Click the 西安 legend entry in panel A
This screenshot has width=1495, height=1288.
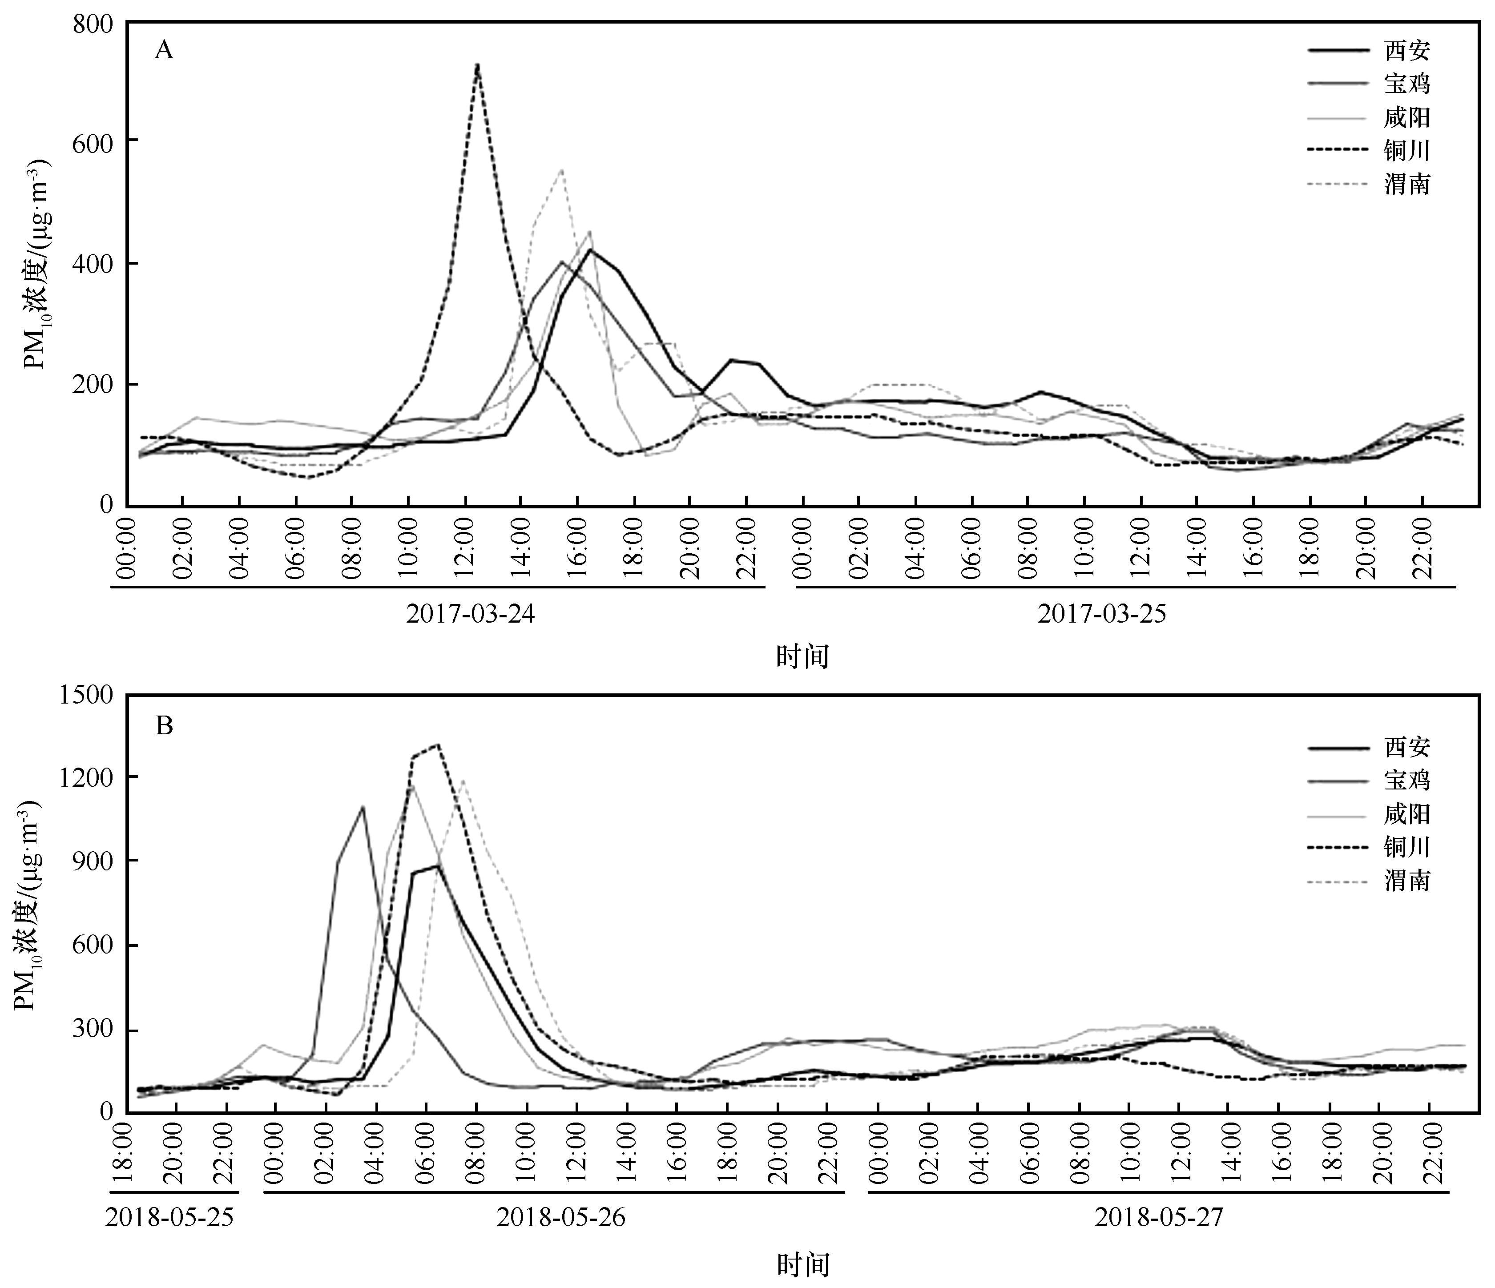(1406, 51)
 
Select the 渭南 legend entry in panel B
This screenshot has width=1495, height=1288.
(1406, 880)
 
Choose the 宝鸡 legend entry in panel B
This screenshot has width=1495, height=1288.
(1406, 780)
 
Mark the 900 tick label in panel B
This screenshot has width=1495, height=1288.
(93, 861)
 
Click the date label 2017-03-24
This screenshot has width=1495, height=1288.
(471, 615)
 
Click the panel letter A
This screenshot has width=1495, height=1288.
(165, 51)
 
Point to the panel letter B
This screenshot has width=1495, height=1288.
(165, 725)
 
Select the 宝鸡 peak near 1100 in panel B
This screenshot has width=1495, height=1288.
(362, 807)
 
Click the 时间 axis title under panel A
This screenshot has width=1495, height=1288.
(802, 656)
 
